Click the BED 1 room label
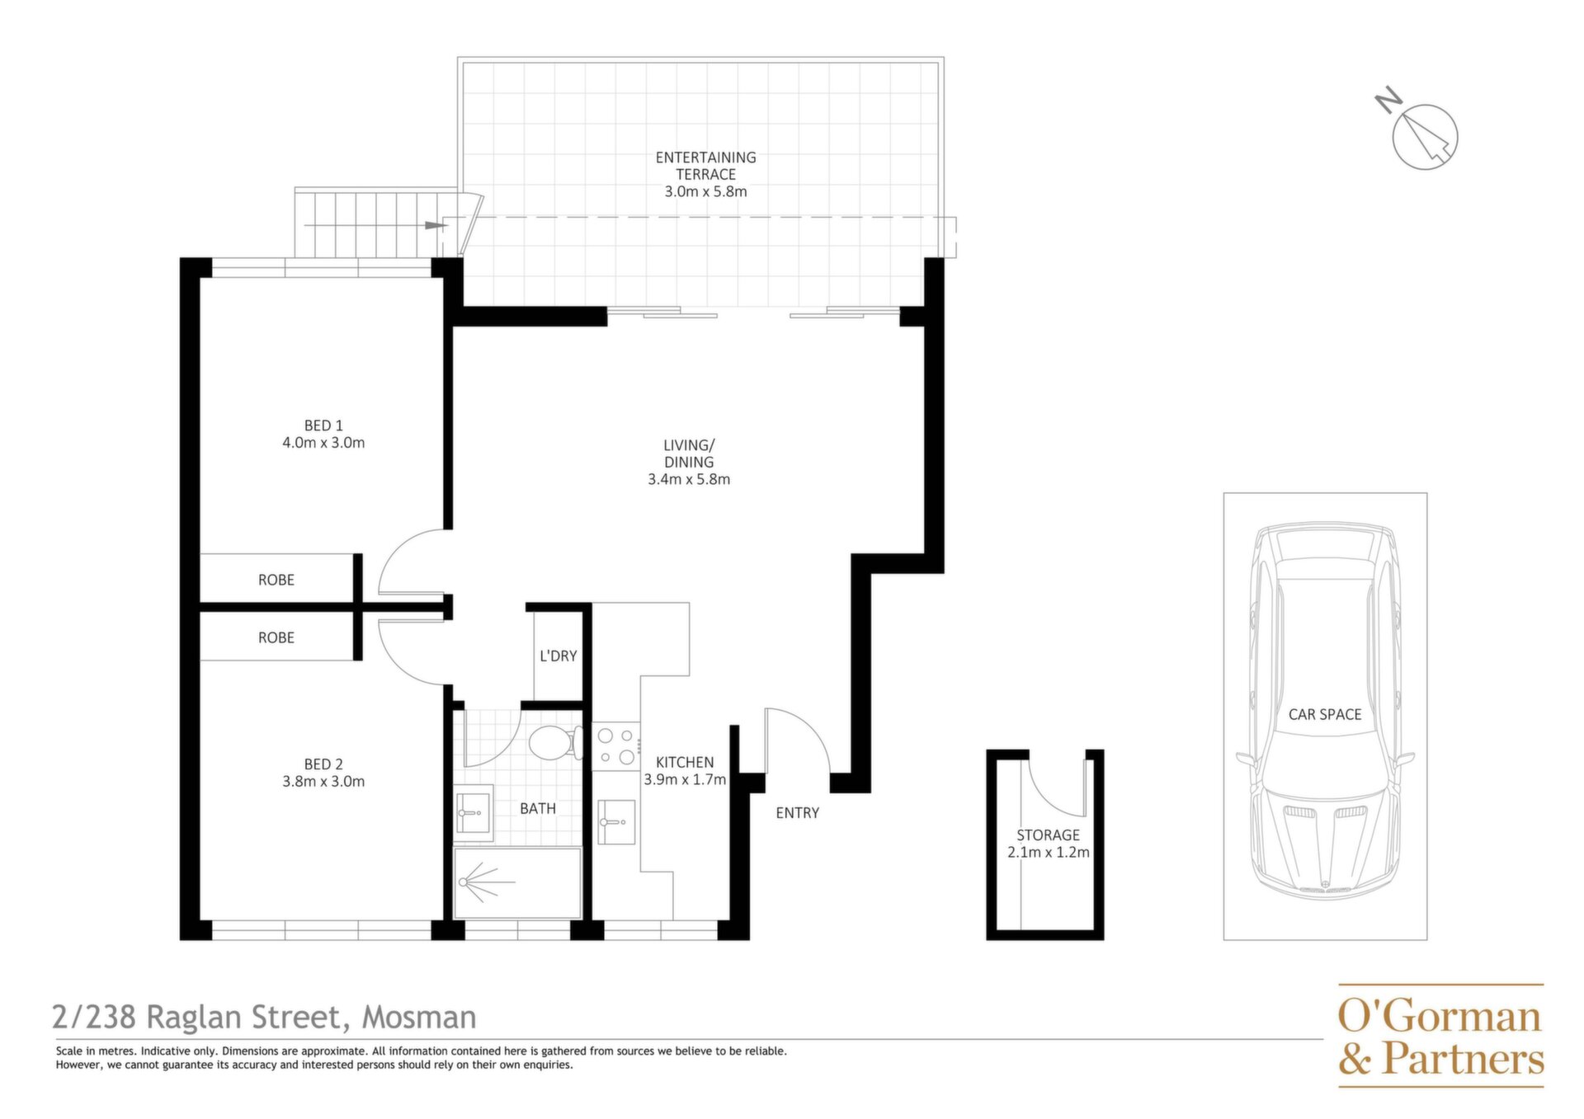[323, 426]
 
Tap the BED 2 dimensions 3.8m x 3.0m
[323, 782]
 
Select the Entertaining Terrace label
[705, 166]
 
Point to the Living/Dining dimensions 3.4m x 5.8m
[689, 479]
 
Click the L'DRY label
[559, 656]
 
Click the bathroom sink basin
[474, 813]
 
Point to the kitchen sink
[616, 822]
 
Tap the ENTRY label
[798, 813]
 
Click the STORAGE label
[1048, 835]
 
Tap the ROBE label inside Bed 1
[276, 581]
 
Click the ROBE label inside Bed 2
[276, 638]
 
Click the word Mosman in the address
[420, 1018]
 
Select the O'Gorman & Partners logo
[1440, 1037]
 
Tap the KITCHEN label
[685, 763]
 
